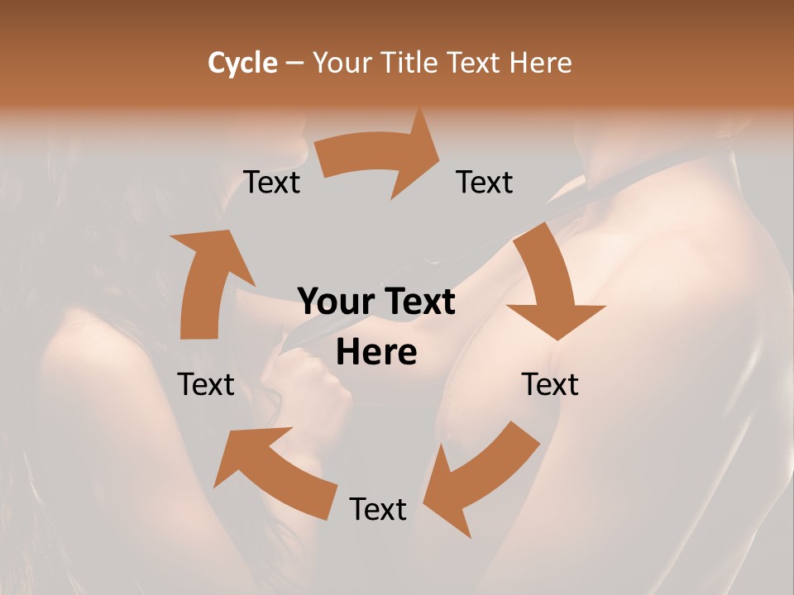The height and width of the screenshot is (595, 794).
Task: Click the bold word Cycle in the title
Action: tap(242, 63)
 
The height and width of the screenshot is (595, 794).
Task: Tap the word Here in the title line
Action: tap(540, 63)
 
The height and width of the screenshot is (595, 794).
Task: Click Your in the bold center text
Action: tap(337, 302)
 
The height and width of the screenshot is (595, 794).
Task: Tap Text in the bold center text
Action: tap(419, 302)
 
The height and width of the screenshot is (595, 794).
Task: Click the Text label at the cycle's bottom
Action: tap(378, 509)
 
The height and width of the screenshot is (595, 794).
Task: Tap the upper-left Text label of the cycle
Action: tap(272, 183)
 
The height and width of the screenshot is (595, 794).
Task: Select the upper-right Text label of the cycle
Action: tap(485, 183)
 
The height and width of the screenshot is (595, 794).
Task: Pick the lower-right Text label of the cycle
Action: tap(550, 384)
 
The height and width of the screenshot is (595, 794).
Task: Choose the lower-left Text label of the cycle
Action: tap(206, 384)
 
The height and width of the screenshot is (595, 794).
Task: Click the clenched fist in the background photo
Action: tap(318, 388)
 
